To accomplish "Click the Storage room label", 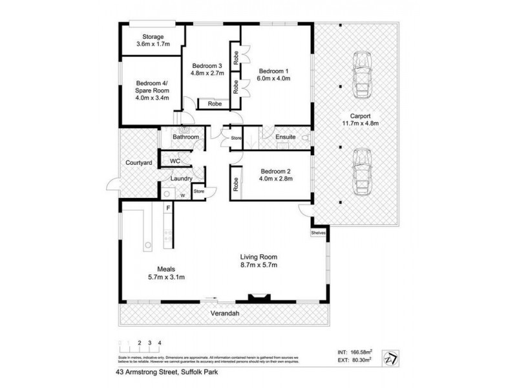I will coord(149,37).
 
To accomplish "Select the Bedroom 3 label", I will coord(207,65).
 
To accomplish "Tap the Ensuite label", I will coord(285,137).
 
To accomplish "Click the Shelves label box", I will coord(319,233).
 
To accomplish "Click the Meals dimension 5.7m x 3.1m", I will coord(165,277).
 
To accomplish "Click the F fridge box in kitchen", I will coord(167,208).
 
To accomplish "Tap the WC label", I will coord(174,160).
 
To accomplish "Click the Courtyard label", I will coord(139,163).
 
